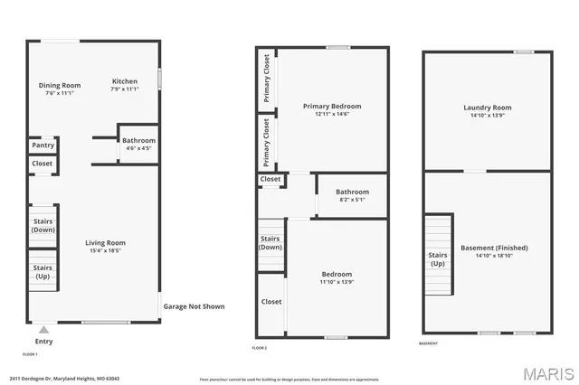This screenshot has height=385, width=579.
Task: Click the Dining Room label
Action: (x=60, y=86)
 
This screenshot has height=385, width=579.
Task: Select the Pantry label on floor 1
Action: (x=43, y=145)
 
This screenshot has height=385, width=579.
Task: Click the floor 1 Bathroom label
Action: (x=138, y=140)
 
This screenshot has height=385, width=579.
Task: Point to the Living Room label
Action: (x=105, y=242)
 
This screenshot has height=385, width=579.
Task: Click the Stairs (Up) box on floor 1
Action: (x=43, y=272)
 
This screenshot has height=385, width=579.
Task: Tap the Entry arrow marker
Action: (x=43, y=330)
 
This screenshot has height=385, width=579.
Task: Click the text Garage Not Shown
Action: (x=194, y=306)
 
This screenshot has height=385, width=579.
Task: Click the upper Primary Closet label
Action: (x=267, y=78)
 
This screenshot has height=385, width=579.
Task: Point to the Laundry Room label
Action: (x=488, y=108)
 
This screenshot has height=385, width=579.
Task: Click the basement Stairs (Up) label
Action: (x=437, y=259)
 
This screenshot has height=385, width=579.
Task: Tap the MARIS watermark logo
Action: (x=545, y=372)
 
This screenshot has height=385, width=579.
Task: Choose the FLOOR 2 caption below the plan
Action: (x=260, y=347)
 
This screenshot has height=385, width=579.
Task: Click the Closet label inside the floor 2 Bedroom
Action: (x=271, y=301)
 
